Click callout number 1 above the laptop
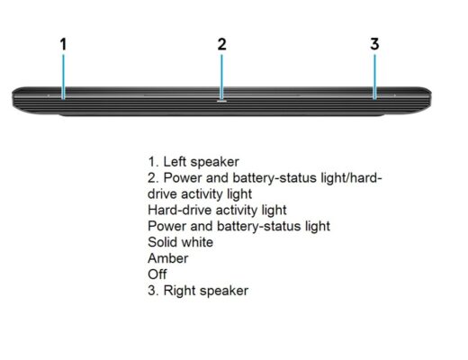[63, 44]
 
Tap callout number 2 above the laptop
[221, 44]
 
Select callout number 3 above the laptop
[374, 44]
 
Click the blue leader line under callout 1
[63, 76]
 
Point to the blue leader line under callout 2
[221, 77]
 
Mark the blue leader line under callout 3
[374, 76]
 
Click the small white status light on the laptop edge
[221, 102]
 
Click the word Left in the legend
[175, 162]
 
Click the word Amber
[168, 258]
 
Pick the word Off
[157, 274]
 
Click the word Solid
[162, 242]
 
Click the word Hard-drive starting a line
[180, 210]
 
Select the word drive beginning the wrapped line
[162, 194]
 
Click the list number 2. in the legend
[153, 178]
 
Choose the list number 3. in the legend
[154, 291]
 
